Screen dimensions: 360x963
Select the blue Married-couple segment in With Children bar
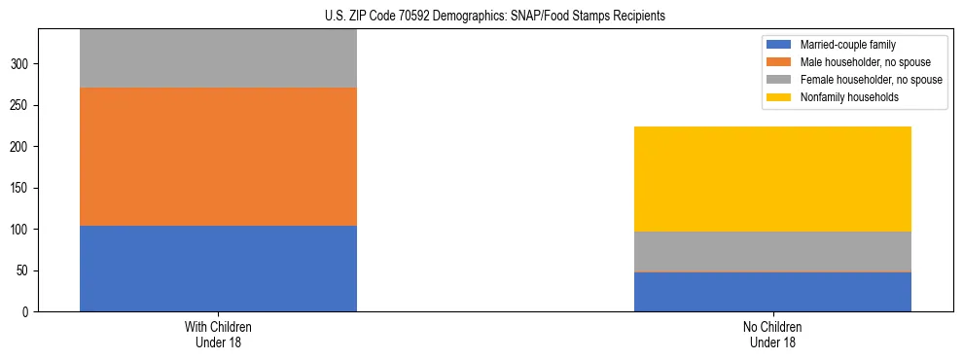tap(218, 269)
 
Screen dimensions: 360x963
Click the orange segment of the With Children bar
tap(218, 157)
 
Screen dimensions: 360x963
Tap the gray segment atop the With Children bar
tap(218, 58)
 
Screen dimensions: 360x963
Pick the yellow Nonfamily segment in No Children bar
tap(772, 179)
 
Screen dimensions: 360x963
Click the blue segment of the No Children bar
tap(772, 292)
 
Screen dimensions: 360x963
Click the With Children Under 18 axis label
tap(218, 335)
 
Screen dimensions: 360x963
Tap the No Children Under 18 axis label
tap(772, 335)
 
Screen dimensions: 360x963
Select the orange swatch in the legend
tap(779, 62)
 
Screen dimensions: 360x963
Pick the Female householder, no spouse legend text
tap(871, 80)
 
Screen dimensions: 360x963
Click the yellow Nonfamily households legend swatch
tap(779, 97)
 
